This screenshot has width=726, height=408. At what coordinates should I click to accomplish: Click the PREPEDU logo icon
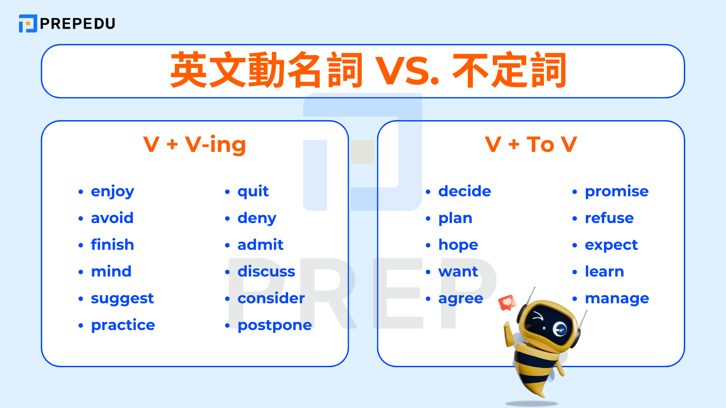pos(28,24)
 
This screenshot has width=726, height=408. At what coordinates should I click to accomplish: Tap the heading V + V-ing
pos(194,145)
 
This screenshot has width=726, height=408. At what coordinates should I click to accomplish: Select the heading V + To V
pos(530,145)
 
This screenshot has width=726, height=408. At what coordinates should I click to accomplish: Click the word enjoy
pos(113,192)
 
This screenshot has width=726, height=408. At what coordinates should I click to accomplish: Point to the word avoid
pos(112,218)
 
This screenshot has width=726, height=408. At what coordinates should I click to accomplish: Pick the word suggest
pos(122,299)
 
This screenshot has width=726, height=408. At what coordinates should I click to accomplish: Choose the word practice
pos(123,325)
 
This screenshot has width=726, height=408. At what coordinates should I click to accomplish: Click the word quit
pos(253,192)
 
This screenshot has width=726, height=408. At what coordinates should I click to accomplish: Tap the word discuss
pos(266,272)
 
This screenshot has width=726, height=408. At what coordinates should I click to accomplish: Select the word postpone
pos(275,325)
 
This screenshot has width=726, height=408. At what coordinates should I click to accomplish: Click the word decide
pos(465,191)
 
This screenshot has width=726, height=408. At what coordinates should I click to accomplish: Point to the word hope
pos(458,245)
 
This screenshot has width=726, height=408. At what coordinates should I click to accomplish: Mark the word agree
pos(461,299)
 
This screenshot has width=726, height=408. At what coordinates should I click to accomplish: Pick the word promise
pos(617,192)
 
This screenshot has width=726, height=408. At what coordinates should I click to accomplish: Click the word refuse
pos(609,218)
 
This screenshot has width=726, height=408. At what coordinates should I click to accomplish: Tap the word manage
pos(617,299)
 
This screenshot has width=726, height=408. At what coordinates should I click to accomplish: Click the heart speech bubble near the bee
pos(507,302)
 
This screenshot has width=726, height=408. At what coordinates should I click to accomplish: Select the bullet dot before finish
pos(81,245)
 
